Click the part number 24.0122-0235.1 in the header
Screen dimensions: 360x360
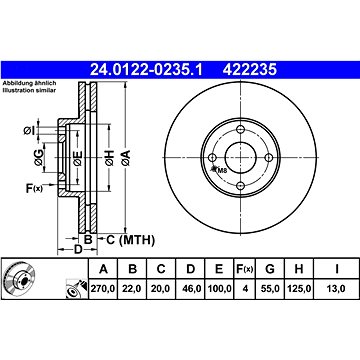pyautogui.click(x=146, y=70)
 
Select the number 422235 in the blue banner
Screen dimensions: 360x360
pyautogui.click(x=250, y=70)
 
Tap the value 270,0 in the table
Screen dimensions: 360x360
pyautogui.click(x=103, y=289)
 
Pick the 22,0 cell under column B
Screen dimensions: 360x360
pyautogui.click(x=132, y=289)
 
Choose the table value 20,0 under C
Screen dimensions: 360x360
pyautogui.click(x=161, y=289)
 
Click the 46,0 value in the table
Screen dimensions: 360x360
pyautogui.click(x=191, y=289)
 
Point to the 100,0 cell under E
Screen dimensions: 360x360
pyautogui.click(x=219, y=289)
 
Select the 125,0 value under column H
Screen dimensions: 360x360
pyautogui.click(x=299, y=289)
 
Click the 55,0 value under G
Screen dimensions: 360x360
pyautogui.click(x=270, y=289)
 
